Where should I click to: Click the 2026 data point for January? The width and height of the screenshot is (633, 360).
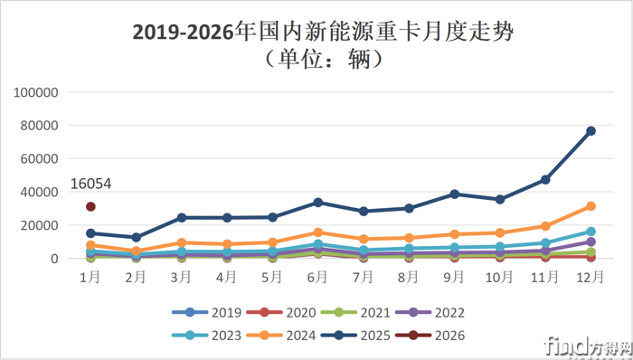(90, 206)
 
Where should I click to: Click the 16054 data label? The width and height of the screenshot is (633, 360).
(91, 184)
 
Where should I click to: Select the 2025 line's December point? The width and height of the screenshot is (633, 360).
(590, 131)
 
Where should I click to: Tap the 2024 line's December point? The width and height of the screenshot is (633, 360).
(590, 206)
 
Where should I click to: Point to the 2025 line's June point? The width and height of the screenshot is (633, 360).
(317, 203)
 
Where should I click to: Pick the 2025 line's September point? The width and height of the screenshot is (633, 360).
(454, 194)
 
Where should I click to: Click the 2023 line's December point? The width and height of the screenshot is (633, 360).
(590, 232)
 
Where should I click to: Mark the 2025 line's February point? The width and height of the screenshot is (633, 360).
(136, 238)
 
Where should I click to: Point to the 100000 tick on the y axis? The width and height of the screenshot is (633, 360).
(37, 92)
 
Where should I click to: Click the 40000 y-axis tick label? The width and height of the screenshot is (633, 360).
(41, 192)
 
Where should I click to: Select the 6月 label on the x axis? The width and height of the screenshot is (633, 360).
(317, 278)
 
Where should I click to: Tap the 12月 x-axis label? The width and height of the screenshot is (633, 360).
(590, 278)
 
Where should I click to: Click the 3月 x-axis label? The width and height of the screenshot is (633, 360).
(181, 278)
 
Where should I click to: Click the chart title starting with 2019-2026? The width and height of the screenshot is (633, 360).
(316, 32)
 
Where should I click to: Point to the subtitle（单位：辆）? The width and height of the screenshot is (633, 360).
(316, 60)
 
